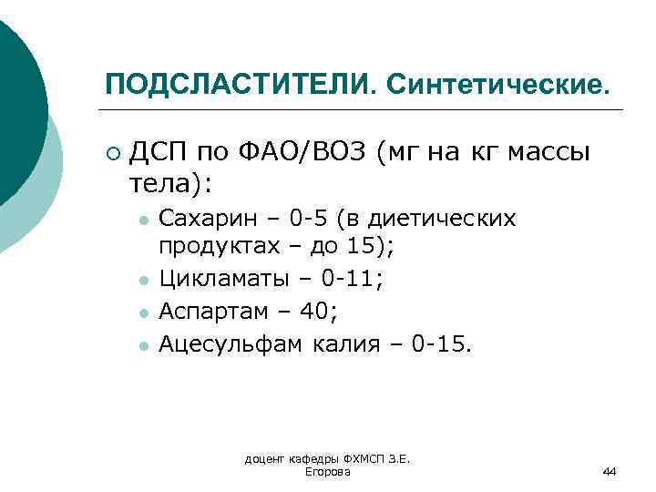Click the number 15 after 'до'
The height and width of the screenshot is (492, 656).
click(x=380, y=247)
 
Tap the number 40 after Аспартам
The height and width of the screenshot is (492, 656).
click(x=315, y=312)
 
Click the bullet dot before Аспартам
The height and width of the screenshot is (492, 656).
click(x=142, y=313)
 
